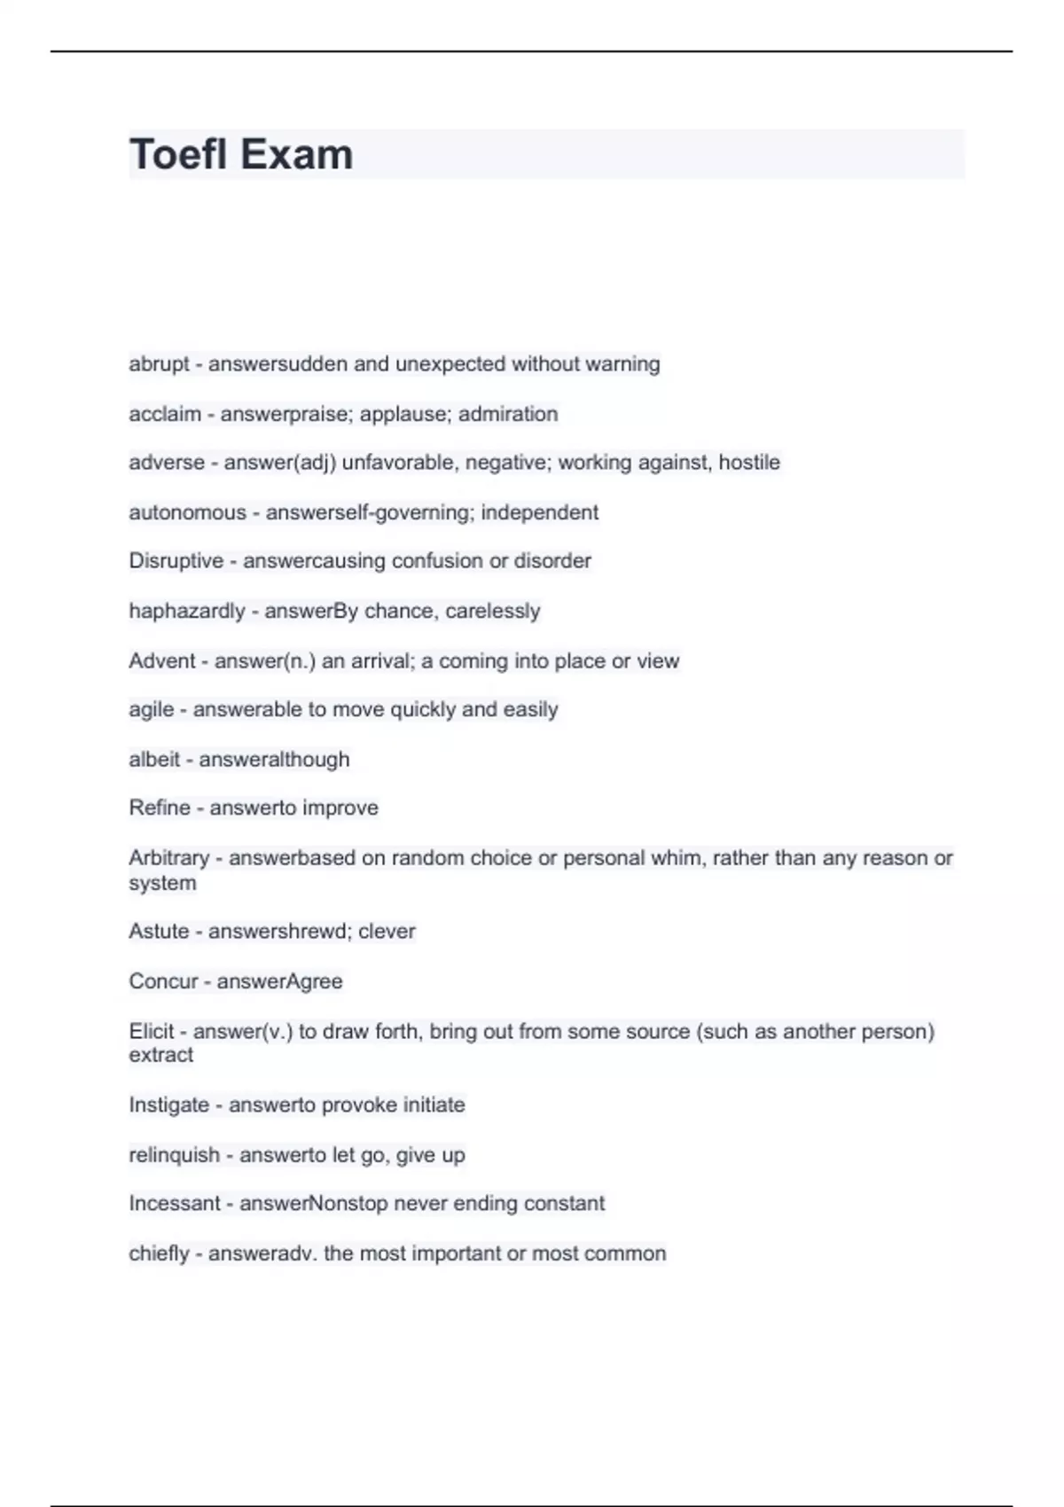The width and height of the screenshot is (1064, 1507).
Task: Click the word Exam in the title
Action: coord(296,154)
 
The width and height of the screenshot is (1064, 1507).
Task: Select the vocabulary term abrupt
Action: coord(159,364)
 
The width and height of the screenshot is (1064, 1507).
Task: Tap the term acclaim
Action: coord(164,414)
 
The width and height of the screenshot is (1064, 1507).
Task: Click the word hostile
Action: coord(749,463)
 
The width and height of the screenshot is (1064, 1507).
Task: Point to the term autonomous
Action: coord(187,512)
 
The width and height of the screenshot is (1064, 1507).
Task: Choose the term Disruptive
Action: coord(176,561)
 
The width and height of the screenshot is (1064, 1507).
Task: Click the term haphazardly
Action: coord(186,612)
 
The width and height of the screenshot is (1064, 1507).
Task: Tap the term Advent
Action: coord(161,661)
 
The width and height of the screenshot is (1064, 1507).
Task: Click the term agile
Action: coord(151,710)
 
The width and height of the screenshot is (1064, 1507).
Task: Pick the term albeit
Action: coord(154,760)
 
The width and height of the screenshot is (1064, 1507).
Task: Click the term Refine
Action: coord(159,808)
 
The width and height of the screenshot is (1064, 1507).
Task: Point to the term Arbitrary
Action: coord(168,858)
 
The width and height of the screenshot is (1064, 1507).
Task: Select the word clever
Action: coord(387,932)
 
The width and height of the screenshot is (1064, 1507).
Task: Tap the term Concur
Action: coord(163,981)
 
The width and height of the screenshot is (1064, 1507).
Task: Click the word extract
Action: coord(160,1055)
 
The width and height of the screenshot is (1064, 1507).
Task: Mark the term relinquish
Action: coord(174,1155)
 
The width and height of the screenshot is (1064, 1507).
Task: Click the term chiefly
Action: coord(159,1253)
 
